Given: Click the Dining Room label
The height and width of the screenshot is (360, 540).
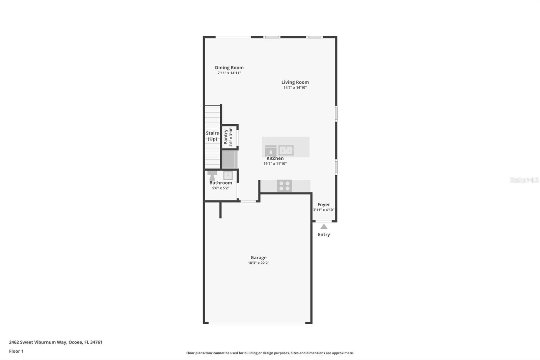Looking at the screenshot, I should (x=229, y=68).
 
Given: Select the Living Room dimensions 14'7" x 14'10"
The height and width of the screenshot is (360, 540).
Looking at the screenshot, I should (x=295, y=87).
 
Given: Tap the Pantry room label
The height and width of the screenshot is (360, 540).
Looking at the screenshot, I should (x=226, y=137).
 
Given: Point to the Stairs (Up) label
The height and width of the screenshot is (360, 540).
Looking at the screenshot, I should (x=212, y=136).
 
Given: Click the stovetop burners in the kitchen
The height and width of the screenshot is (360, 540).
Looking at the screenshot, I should (x=284, y=186).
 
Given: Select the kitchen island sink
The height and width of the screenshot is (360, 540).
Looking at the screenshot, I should (x=286, y=150).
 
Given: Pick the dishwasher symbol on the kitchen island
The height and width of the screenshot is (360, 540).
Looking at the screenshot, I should (x=271, y=151).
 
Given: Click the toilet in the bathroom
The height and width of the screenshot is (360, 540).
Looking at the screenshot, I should (x=212, y=176).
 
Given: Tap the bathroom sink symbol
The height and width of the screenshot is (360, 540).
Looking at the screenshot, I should (x=228, y=175).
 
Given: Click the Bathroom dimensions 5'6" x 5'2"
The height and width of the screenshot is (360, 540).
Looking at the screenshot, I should (x=221, y=188).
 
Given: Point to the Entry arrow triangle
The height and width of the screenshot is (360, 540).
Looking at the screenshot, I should (x=324, y=227).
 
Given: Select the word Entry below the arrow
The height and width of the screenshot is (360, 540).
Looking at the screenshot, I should (x=324, y=234).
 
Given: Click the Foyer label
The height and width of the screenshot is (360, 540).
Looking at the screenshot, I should (x=324, y=204).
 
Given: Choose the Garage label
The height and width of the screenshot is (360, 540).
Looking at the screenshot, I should (x=259, y=257).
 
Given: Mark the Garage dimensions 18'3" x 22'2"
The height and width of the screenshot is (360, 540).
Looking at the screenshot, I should (x=259, y=263).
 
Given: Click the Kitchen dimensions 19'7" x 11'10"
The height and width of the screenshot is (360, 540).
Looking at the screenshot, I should (x=275, y=163).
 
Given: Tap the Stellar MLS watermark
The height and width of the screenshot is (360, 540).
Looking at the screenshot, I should (x=524, y=180).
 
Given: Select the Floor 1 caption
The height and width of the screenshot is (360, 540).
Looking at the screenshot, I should (x=16, y=351).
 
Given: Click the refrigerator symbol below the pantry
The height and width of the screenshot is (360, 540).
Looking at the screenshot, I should (x=230, y=159).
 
